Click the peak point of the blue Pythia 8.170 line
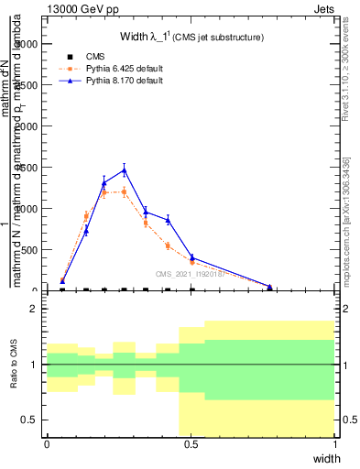coord(124,169)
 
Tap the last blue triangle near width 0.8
coord(269,287)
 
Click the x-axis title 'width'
coord(326,457)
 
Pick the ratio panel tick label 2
coord(35,309)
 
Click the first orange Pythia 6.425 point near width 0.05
coord(62,280)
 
